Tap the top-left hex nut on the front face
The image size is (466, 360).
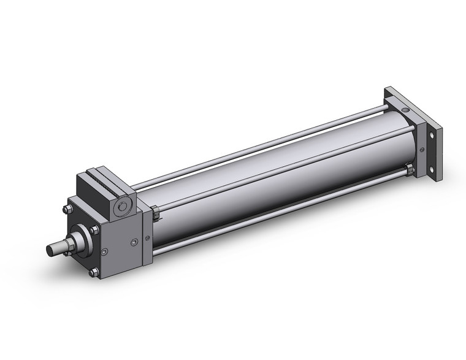click(x=67, y=209)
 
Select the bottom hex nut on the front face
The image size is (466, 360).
click(x=93, y=272)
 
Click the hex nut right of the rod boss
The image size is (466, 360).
click(x=94, y=231)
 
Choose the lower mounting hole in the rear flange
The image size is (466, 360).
click(x=433, y=170)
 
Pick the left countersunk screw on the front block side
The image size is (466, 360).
click(x=105, y=251)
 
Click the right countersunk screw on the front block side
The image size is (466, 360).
click(x=134, y=242)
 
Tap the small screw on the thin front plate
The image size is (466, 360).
click(x=147, y=238)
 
